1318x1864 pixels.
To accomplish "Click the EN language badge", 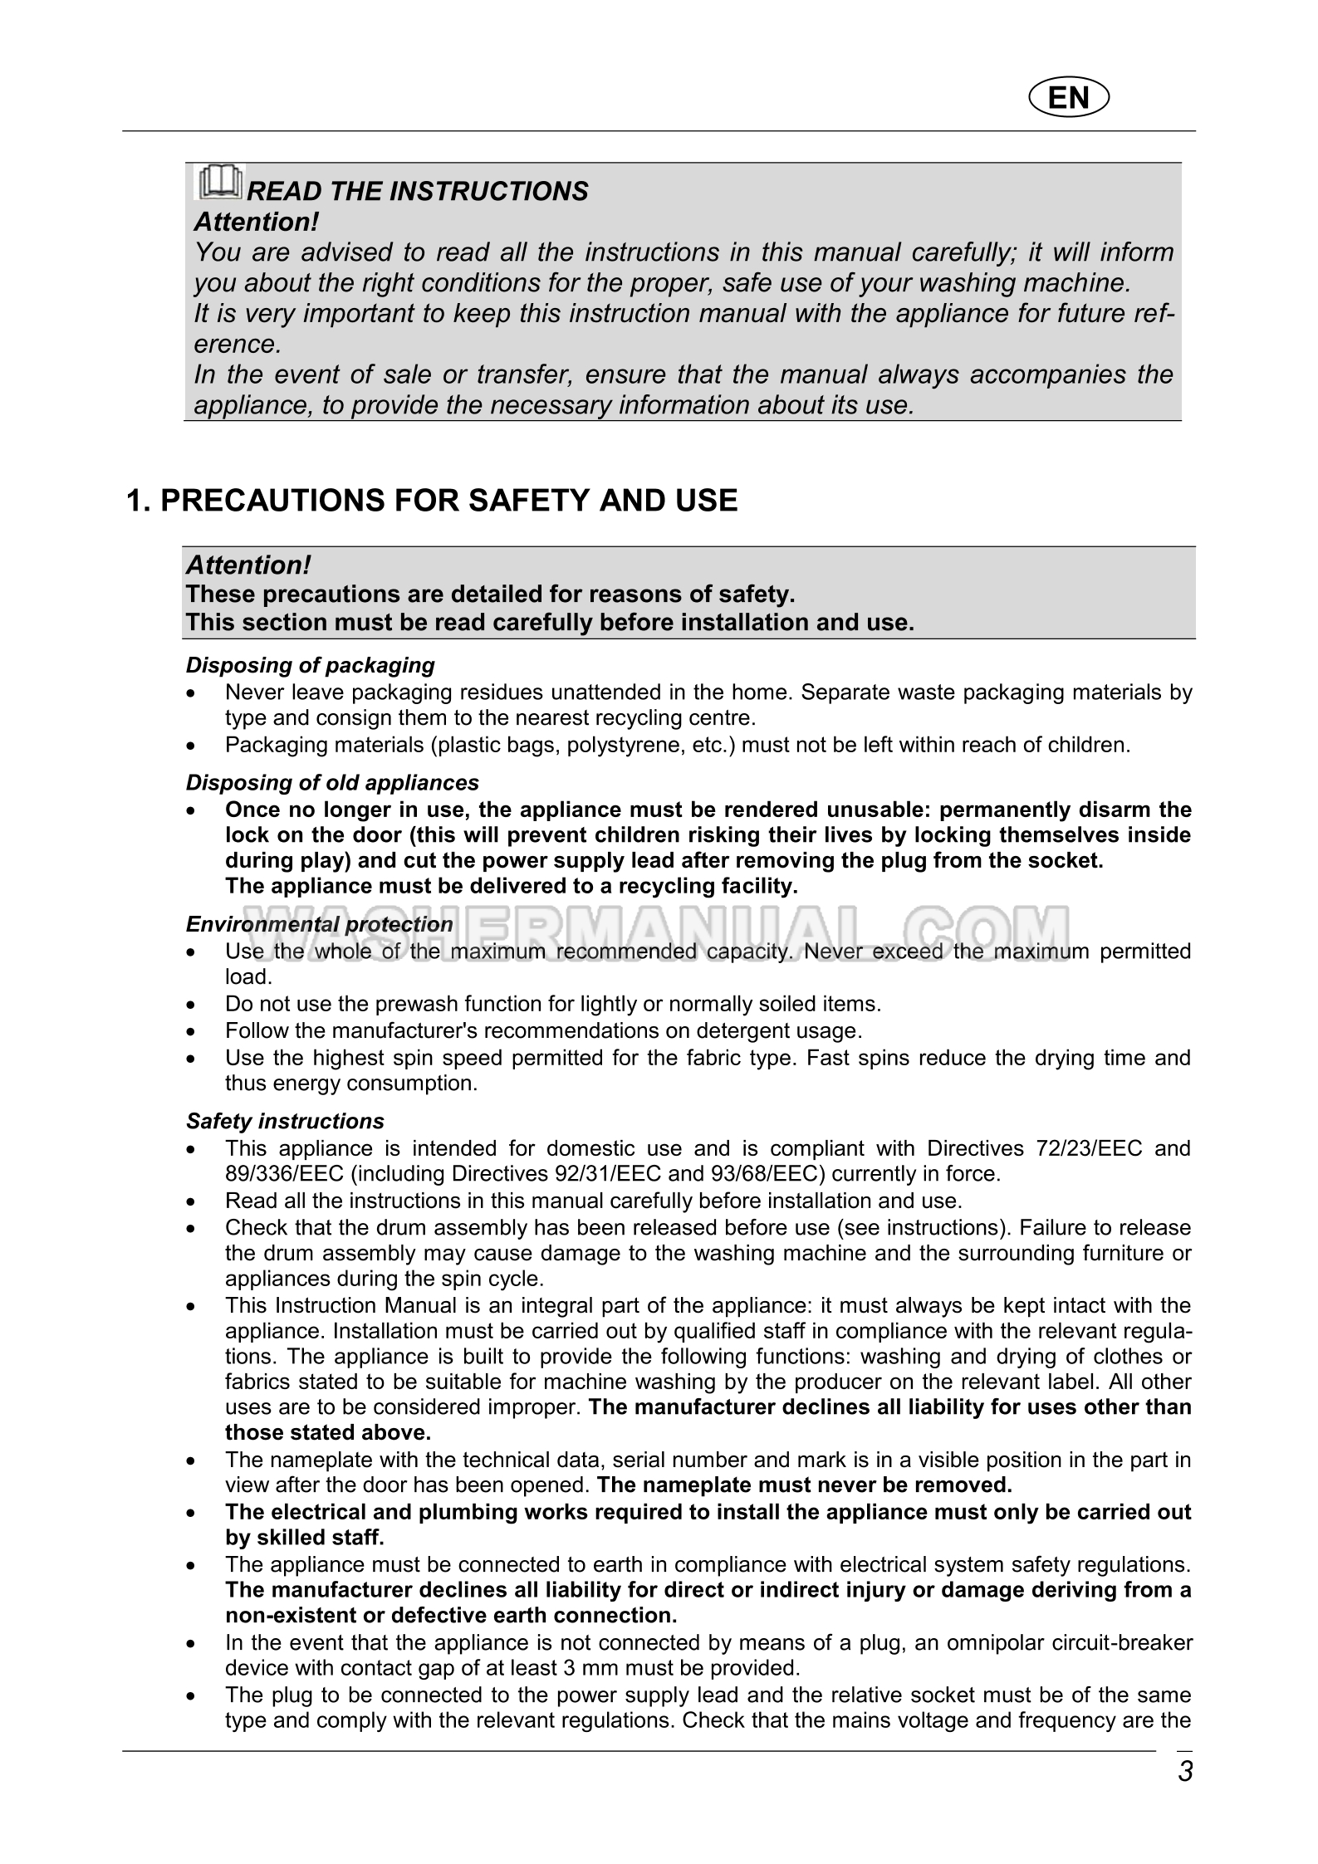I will click(1069, 98).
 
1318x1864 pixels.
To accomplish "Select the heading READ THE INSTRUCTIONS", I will click(418, 191).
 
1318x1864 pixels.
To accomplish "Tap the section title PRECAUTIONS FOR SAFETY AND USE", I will click(432, 501).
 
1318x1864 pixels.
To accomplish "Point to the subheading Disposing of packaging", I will click(311, 665).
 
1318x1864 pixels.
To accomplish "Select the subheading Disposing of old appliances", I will click(332, 783).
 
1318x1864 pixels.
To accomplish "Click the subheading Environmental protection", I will click(320, 924).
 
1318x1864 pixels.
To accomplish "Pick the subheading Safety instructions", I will click(285, 1121).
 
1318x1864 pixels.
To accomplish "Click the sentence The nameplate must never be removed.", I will click(804, 1485).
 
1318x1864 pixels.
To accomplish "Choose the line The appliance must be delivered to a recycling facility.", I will click(511, 886).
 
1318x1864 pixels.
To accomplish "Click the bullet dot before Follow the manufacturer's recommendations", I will click(192, 1032).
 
